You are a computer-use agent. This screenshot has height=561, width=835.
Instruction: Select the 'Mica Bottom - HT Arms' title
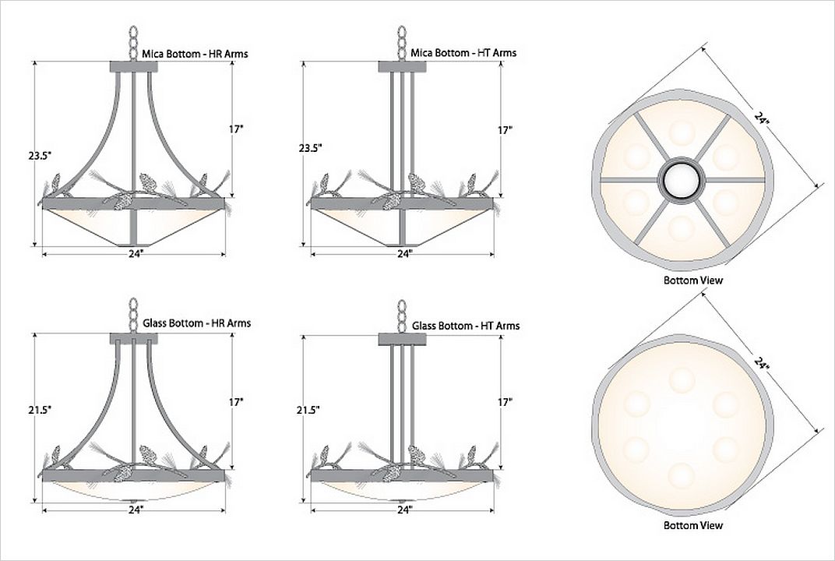tap(463, 53)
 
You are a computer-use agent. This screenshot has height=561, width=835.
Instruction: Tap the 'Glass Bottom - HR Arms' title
tap(196, 323)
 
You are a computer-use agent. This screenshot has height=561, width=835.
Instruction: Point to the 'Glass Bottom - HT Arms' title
tap(465, 326)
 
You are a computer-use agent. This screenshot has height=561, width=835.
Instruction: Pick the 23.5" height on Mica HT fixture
tap(309, 147)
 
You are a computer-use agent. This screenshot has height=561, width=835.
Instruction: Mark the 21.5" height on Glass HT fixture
tap(308, 409)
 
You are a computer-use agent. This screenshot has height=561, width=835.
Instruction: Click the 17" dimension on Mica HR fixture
tap(238, 130)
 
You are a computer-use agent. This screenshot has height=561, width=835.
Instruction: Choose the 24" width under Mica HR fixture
tap(136, 254)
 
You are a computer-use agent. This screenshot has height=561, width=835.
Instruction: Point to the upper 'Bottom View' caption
tap(692, 280)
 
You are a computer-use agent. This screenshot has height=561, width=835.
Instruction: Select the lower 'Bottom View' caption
tap(692, 525)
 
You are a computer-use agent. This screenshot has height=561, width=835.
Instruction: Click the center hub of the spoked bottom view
tap(682, 180)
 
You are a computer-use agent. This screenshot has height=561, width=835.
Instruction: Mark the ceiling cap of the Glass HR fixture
tap(134, 338)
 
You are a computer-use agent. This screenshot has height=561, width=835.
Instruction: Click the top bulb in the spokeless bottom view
tap(682, 379)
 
